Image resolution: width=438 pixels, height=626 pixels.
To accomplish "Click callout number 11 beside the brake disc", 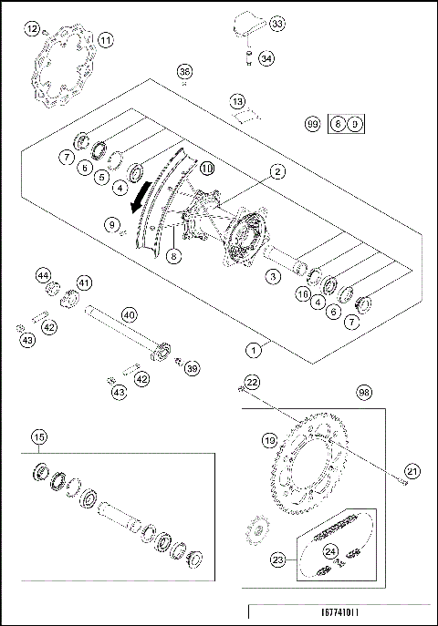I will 107,40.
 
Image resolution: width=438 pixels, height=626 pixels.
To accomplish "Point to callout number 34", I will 266,58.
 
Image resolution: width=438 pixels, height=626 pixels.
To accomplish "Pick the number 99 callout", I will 313,122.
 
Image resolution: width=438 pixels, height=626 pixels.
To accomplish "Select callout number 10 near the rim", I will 206,168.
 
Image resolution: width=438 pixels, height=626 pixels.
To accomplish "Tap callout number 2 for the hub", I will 276,169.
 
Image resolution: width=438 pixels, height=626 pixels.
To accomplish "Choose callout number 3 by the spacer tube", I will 270,275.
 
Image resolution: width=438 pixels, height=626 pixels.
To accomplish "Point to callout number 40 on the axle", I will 129,314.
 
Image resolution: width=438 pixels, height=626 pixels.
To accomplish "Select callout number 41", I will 84,282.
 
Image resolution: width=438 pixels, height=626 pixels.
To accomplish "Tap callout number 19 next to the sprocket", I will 269,440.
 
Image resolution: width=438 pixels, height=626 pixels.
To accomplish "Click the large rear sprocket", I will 318,465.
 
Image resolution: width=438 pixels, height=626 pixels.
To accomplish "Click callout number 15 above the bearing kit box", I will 38,436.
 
